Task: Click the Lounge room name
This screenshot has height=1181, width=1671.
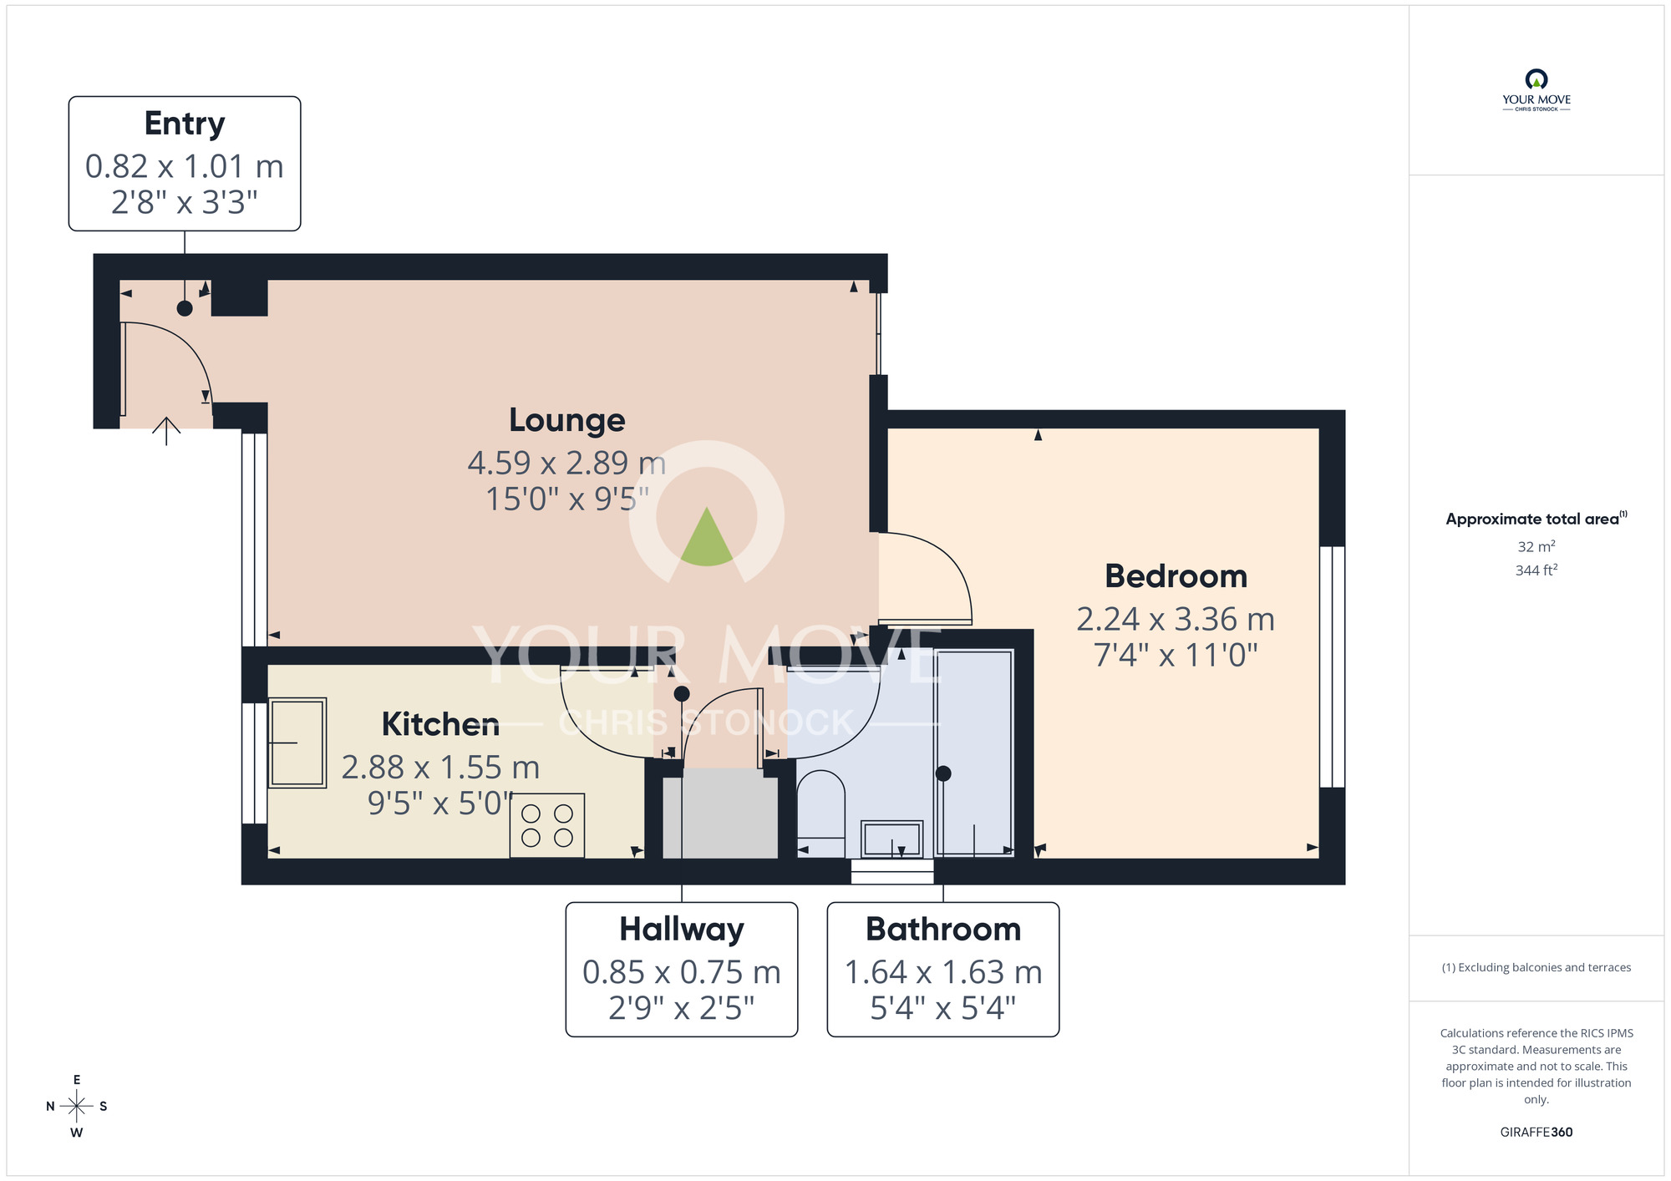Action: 566,420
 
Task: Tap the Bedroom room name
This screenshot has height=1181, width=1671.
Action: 1176,576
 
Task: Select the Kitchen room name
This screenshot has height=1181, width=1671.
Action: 440,724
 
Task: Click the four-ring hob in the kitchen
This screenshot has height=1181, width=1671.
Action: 547,825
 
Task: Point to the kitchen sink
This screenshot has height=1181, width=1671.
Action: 297,743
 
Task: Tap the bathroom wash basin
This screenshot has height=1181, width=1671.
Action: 891,839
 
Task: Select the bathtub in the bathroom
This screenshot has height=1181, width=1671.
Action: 974,753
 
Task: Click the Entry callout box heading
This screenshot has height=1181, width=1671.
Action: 185,124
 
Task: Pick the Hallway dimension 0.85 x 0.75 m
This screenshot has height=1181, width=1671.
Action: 681,972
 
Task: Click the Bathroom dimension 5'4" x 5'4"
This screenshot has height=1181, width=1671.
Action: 942,1008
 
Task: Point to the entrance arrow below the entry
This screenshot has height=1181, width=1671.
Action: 166,431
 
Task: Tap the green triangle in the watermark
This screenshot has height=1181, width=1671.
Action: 706,540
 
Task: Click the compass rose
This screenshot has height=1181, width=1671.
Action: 77,1107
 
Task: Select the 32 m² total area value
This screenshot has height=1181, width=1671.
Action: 1536,546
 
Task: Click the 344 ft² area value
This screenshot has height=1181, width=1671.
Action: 1536,570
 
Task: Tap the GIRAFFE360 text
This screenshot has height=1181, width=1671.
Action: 1536,1133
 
